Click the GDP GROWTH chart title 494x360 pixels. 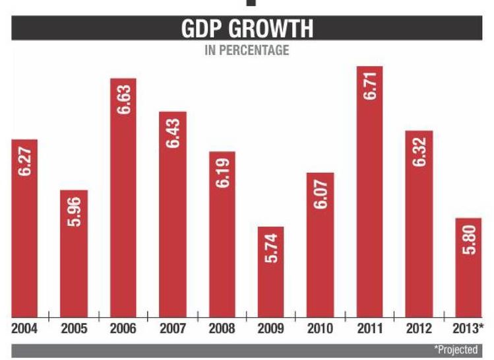click(x=247, y=30)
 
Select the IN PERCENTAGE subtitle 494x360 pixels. click(x=247, y=50)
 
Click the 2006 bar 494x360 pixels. click(x=123, y=198)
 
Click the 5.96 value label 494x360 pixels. click(x=73, y=210)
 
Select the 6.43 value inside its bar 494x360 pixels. click(x=173, y=133)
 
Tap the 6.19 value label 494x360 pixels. click(x=222, y=173)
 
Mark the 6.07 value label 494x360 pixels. click(x=321, y=194)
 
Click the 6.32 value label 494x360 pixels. click(x=418, y=152)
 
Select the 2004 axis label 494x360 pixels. click(x=24, y=329)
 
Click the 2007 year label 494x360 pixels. click(x=172, y=329)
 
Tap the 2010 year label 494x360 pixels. click(x=320, y=329)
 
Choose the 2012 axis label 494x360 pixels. click(x=419, y=329)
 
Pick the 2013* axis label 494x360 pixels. click(x=468, y=329)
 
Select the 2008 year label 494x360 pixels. click(x=222, y=329)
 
